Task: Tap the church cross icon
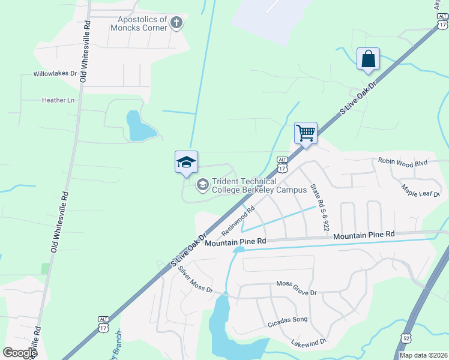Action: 176,23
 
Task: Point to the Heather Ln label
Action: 58,100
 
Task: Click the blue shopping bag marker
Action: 368,59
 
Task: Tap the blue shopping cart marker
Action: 306,133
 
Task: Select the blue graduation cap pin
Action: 186,162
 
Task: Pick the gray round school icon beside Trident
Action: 203,184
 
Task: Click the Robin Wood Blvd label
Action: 402,161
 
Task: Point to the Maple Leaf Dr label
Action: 421,190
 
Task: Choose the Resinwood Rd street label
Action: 238,221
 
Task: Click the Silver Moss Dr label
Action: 196,280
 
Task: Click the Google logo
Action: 19,353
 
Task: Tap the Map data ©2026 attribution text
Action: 423,355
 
